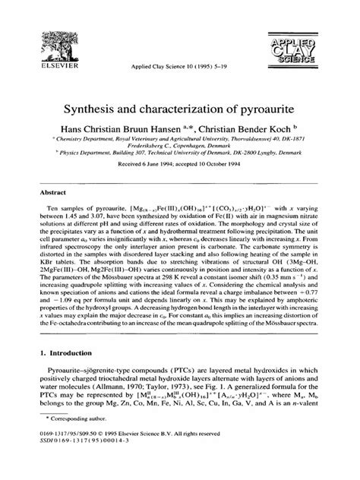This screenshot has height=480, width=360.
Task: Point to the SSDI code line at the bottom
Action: [79, 464]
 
